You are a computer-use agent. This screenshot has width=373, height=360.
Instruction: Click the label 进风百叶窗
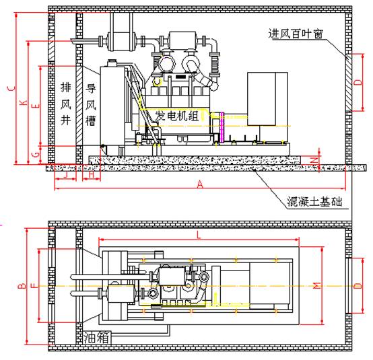pyautogui.click(x=296, y=34)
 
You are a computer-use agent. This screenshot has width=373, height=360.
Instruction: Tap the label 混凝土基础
pyautogui.click(x=314, y=202)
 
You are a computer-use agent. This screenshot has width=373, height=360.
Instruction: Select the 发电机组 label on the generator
pyautogui.click(x=177, y=116)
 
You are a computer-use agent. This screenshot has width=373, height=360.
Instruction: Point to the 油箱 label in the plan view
pyautogui.click(x=96, y=338)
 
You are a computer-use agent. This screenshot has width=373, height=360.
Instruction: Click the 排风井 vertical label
pyautogui.click(x=66, y=104)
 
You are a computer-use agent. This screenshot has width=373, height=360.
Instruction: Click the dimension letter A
pyautogui.click(x=200, y=184)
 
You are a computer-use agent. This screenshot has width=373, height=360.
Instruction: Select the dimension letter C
pyautogui.click(x=11, y=88)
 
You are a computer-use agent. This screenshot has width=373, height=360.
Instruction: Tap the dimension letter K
pyautogui.click(x=24, y=102)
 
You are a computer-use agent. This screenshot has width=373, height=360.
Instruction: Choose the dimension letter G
pyautogui.click(x=36, y=155)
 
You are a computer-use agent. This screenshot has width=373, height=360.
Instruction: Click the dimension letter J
pyautogui.click(x=66, y=175)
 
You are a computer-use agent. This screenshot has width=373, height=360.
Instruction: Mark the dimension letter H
pyautogui.click(x=92, y=175)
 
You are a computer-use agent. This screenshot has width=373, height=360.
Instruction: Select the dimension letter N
pyautogui.click(x=314, y=160)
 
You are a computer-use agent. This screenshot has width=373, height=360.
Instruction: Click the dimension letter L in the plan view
pyautogui.click(x=199, y=235)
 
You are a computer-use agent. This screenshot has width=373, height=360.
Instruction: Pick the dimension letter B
pyautogui.click(x=22, y=285)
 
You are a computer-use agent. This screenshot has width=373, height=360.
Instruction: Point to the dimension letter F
pyautogui.click(x=35, y=285)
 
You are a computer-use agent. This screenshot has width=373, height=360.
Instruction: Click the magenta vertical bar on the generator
pyautogui.click(x=222, y=127)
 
